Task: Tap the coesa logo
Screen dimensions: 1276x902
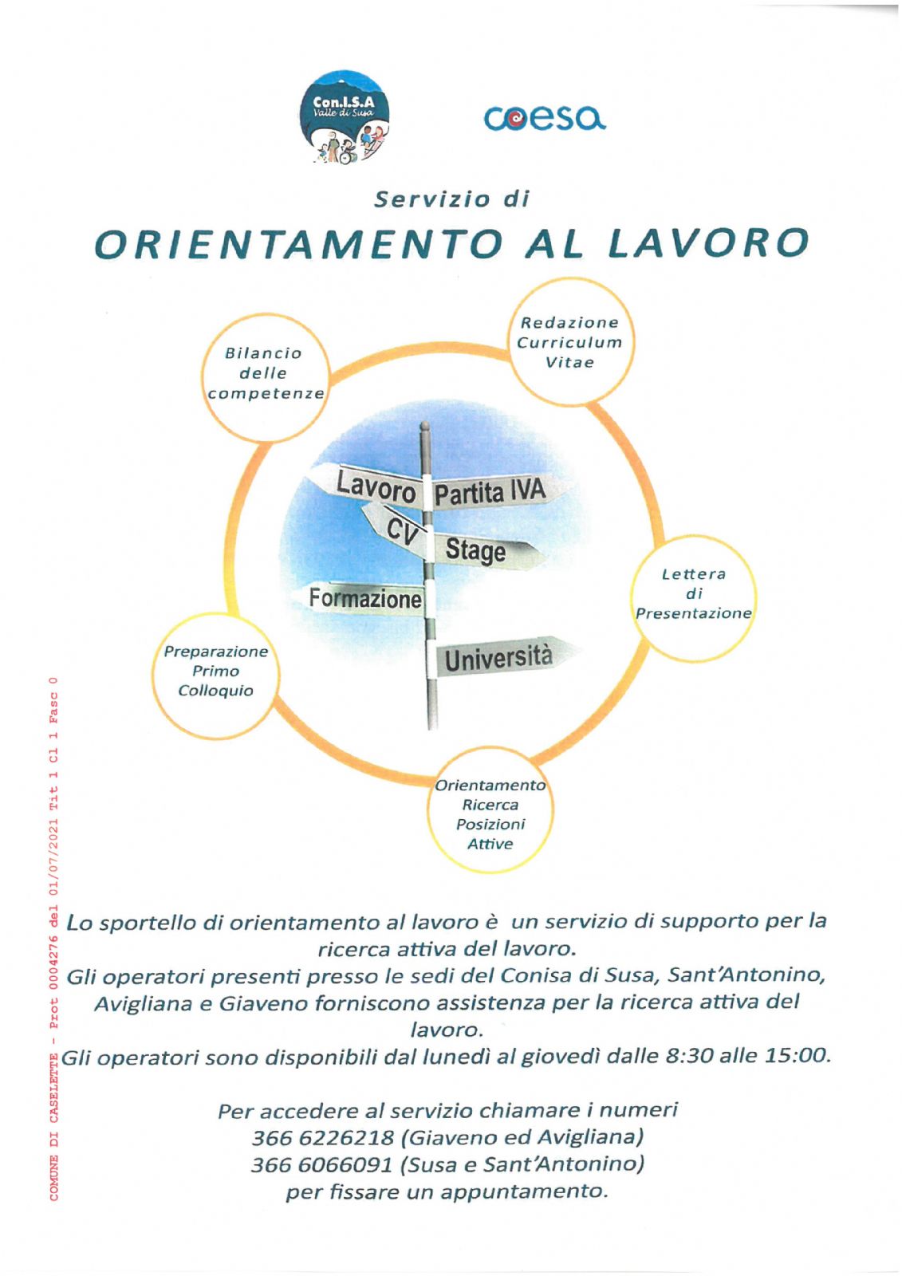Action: (x=545, y=120)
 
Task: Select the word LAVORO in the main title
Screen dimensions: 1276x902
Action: (x=709, y=243)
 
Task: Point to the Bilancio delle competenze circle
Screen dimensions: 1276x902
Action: (x=266, y=376)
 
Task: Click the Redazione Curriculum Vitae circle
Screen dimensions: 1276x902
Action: (x=569, y=342)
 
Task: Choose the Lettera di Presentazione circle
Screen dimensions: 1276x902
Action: (x=693, y=596)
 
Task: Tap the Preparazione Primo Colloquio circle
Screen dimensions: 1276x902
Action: (x=215, y=672)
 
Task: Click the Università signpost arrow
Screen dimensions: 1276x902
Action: (x=499, y=659)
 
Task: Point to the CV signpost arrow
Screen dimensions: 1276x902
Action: (x=400, y=528)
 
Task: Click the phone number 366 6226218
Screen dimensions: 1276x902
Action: (x=323, y=1136)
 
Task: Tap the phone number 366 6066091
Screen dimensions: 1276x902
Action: (x=321, y=1164)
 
